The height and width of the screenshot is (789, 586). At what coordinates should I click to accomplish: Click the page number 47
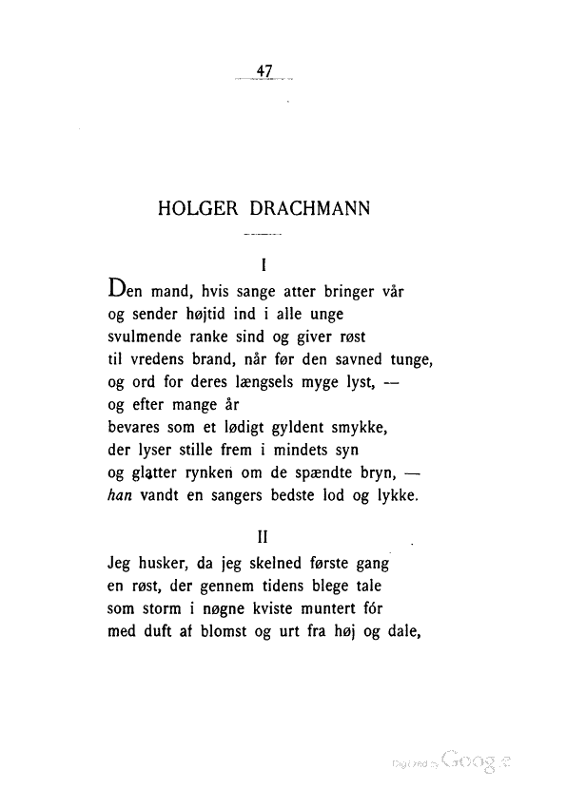click(x=264, y=69)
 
